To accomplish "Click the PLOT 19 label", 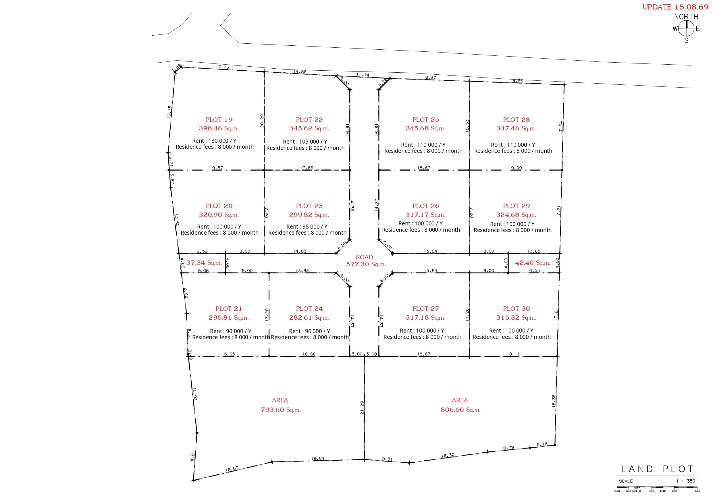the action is click(219, 119).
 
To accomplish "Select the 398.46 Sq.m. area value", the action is click(219, 128).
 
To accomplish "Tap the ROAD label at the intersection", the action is click(364, 257).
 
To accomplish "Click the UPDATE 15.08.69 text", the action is click(675, 7).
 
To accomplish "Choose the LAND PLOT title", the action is click(657, 469).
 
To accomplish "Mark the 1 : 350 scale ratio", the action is click(686, 481).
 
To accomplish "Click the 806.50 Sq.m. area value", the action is click(460, 410).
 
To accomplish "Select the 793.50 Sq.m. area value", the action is click(281, 410).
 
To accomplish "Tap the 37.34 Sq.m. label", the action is click(204, 263).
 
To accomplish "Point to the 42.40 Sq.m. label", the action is click(533, 263).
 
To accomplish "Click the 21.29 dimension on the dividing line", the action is click(362, 408).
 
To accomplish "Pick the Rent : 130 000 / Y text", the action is click(214, 141).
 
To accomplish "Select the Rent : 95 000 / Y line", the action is click(307, 227).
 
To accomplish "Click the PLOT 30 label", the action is click(517, 309).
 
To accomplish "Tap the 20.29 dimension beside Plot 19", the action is click(262, 121).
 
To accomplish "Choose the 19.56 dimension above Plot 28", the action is click(517, 81).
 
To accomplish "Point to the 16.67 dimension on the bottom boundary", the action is click(232, 469).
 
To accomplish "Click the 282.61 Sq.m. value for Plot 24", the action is click(309, 317).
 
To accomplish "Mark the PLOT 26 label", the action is click(426, 206).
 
